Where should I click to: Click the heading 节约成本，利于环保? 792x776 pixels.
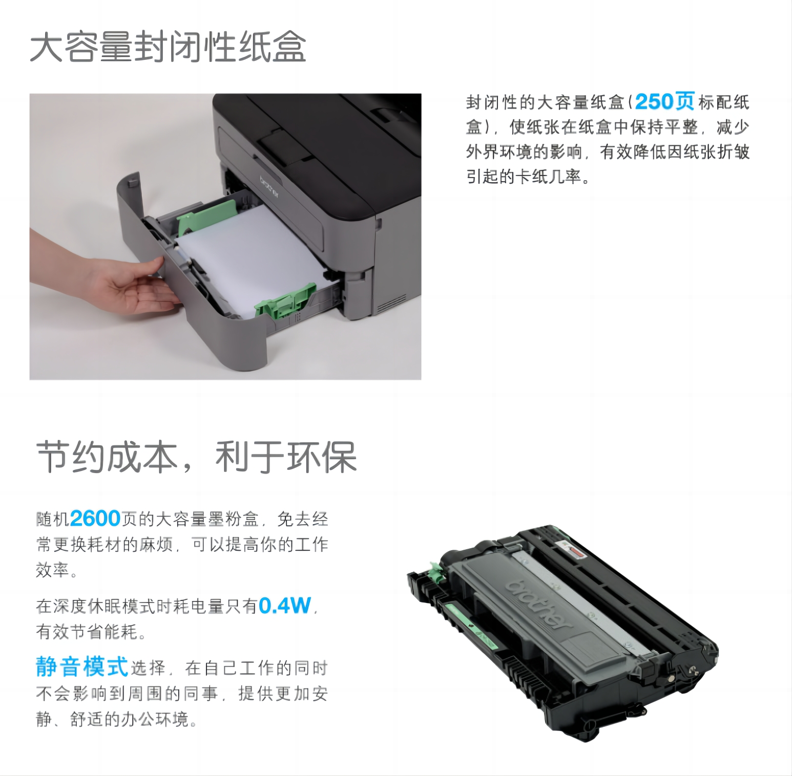[196, 457]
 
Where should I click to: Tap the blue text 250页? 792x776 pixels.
[665, 101]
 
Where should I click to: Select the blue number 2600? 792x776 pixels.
[95, 519]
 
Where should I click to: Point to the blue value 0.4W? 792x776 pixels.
[285, 606]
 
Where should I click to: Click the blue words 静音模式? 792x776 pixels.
[82, 666]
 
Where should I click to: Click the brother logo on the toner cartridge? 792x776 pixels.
[538, 604]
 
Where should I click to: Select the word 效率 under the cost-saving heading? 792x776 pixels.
[52, 570]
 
